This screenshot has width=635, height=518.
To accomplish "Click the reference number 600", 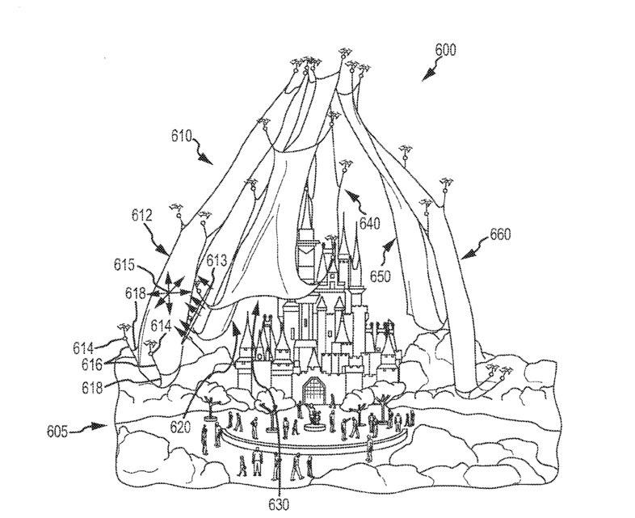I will [445, 49].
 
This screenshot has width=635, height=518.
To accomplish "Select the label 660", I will [500, 238].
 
